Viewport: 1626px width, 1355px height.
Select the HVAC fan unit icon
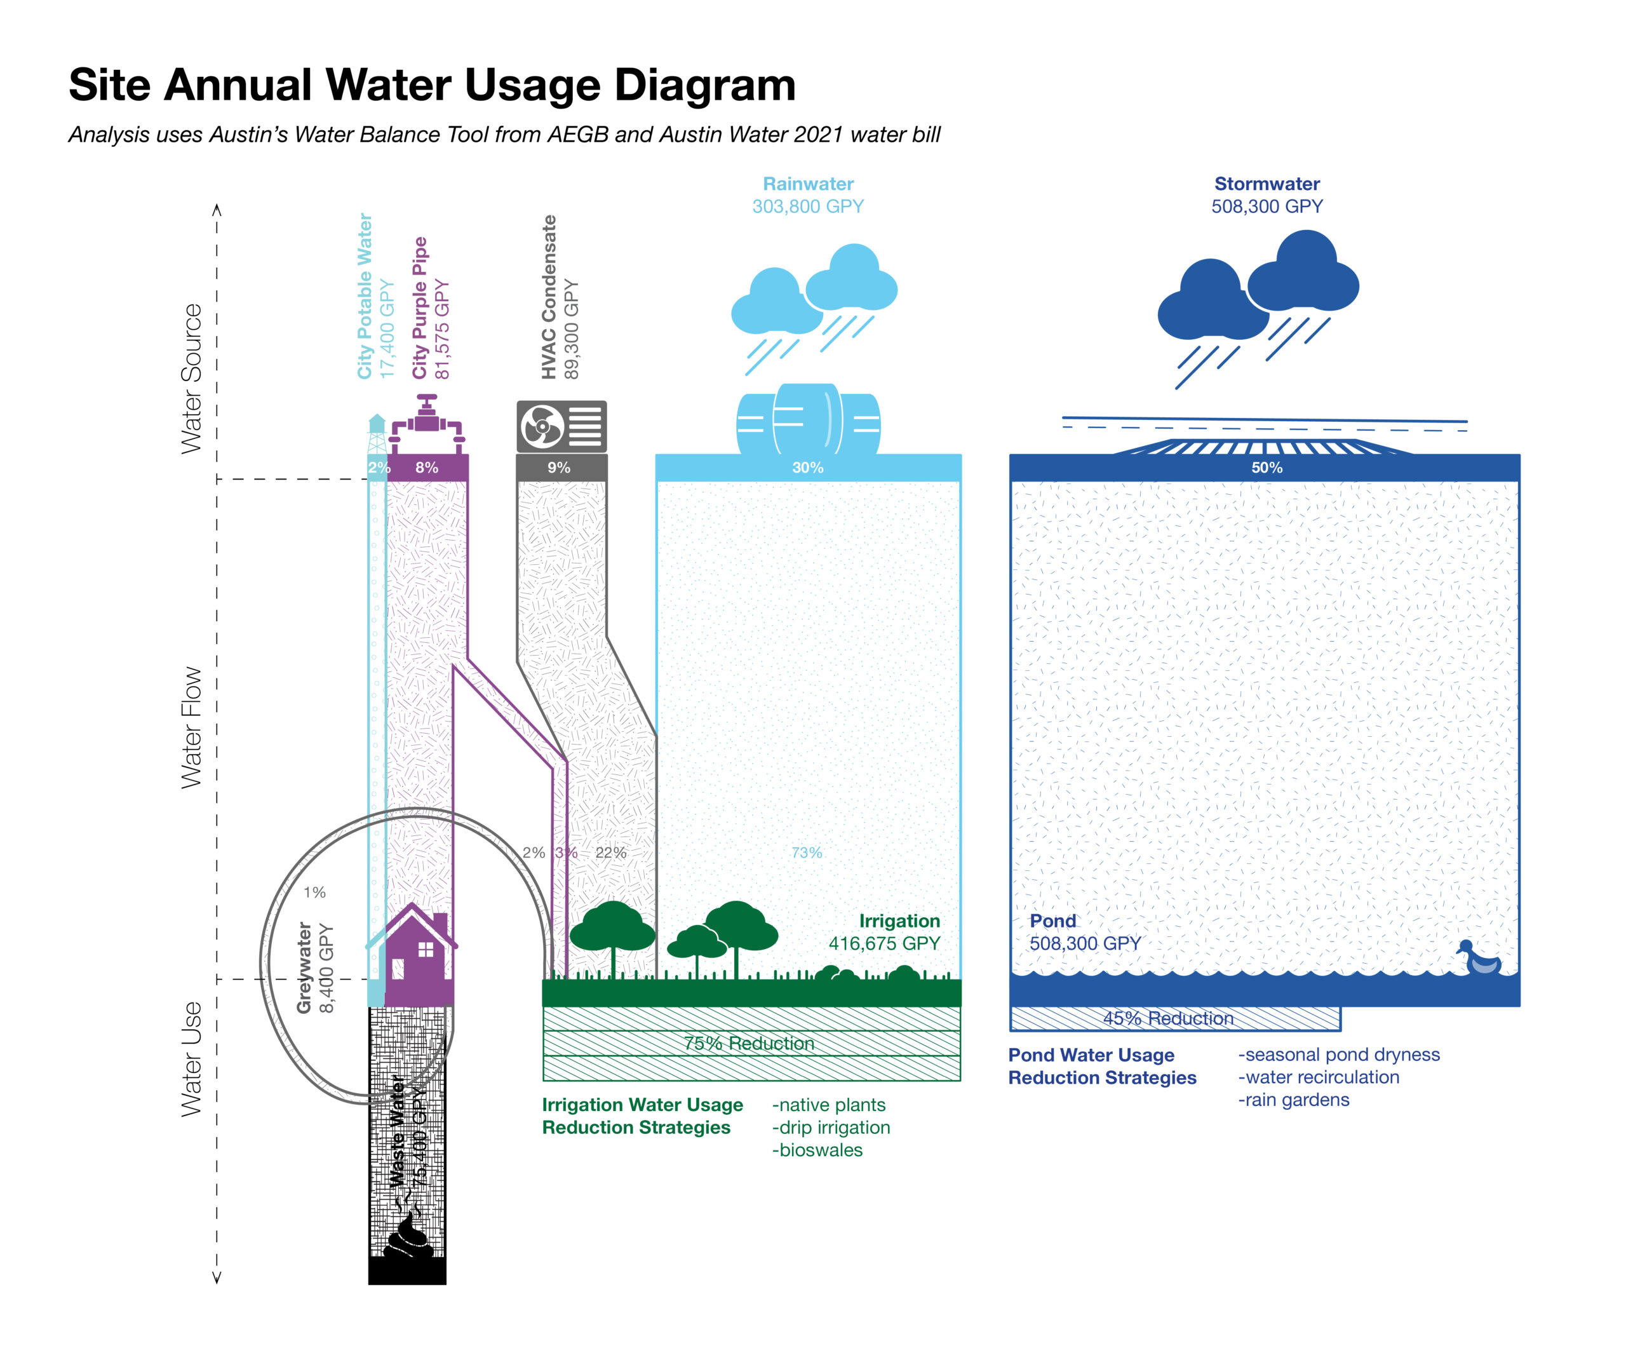(x=561, y=426)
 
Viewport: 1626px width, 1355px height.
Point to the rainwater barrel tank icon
(x=807, y=420)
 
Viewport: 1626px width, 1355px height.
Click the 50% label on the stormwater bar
(x=1267, y=468)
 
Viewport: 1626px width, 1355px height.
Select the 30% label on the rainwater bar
(x=807, y=468)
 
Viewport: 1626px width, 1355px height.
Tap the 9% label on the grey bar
(x=559, y=468)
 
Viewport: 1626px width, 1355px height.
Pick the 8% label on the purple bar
(x=427, y=468)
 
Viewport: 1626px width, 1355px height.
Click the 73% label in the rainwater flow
(x=807, y=853)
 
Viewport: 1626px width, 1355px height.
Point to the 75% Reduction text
(x=749, y=1043)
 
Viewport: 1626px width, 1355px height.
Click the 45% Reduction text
(x=1169, y=1018)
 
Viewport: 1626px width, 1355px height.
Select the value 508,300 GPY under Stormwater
(x=1267, y=206)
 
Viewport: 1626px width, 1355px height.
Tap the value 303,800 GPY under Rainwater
(x=807, y=206)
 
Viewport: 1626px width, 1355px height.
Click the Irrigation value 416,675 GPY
(x=884, y=943)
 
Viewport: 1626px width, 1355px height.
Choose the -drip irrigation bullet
(x=831, y=1128)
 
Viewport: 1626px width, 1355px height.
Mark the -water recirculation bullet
(x=1319, y=1077)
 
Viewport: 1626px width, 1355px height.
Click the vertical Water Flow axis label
(x=191, y=728)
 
